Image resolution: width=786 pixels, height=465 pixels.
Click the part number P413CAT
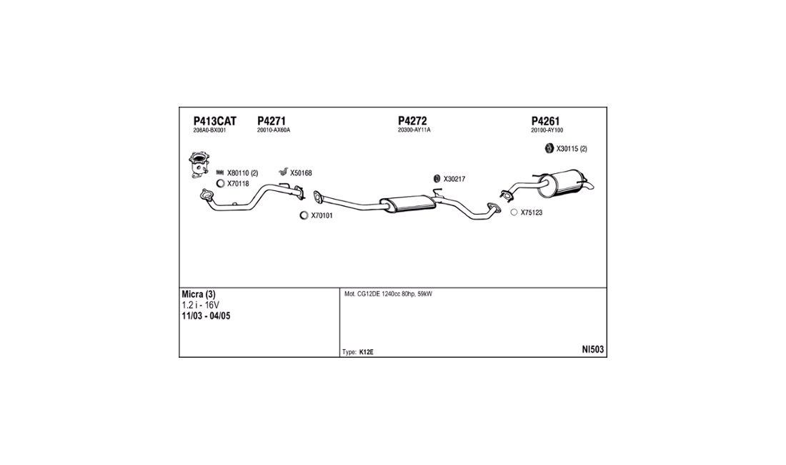tap(214, 121)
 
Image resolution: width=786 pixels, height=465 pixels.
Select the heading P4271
tap(272, 121)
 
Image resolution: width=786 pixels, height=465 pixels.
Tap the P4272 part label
tap(412, 121)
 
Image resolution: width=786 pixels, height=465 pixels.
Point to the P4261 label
tap(545, 121)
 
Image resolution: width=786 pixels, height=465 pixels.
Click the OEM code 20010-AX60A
tap(273, 131)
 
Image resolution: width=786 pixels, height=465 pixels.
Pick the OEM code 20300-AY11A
tap(414, 131)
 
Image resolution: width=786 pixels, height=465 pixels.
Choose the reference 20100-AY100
tap(547, 131)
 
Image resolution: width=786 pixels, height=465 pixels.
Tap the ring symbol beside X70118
tap(221, 184)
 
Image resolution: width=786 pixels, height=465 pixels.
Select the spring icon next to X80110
tap(220, 172)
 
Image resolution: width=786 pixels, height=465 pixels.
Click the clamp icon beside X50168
tap(283, 172)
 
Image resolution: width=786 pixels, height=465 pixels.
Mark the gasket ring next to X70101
tap(304, 215)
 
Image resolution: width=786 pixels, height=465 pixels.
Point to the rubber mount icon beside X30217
tap(436, 179)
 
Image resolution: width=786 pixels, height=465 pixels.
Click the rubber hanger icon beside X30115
tap(549, 149)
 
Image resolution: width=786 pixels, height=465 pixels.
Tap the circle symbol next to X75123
tap(514, 212)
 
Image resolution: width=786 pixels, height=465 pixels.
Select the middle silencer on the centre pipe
tap(407, 204)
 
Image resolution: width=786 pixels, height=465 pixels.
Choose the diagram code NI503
tap(592, 350)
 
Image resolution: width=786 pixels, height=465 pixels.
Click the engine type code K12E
tap(367, 352)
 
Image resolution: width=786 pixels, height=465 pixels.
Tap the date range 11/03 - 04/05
tap(207, 315)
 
